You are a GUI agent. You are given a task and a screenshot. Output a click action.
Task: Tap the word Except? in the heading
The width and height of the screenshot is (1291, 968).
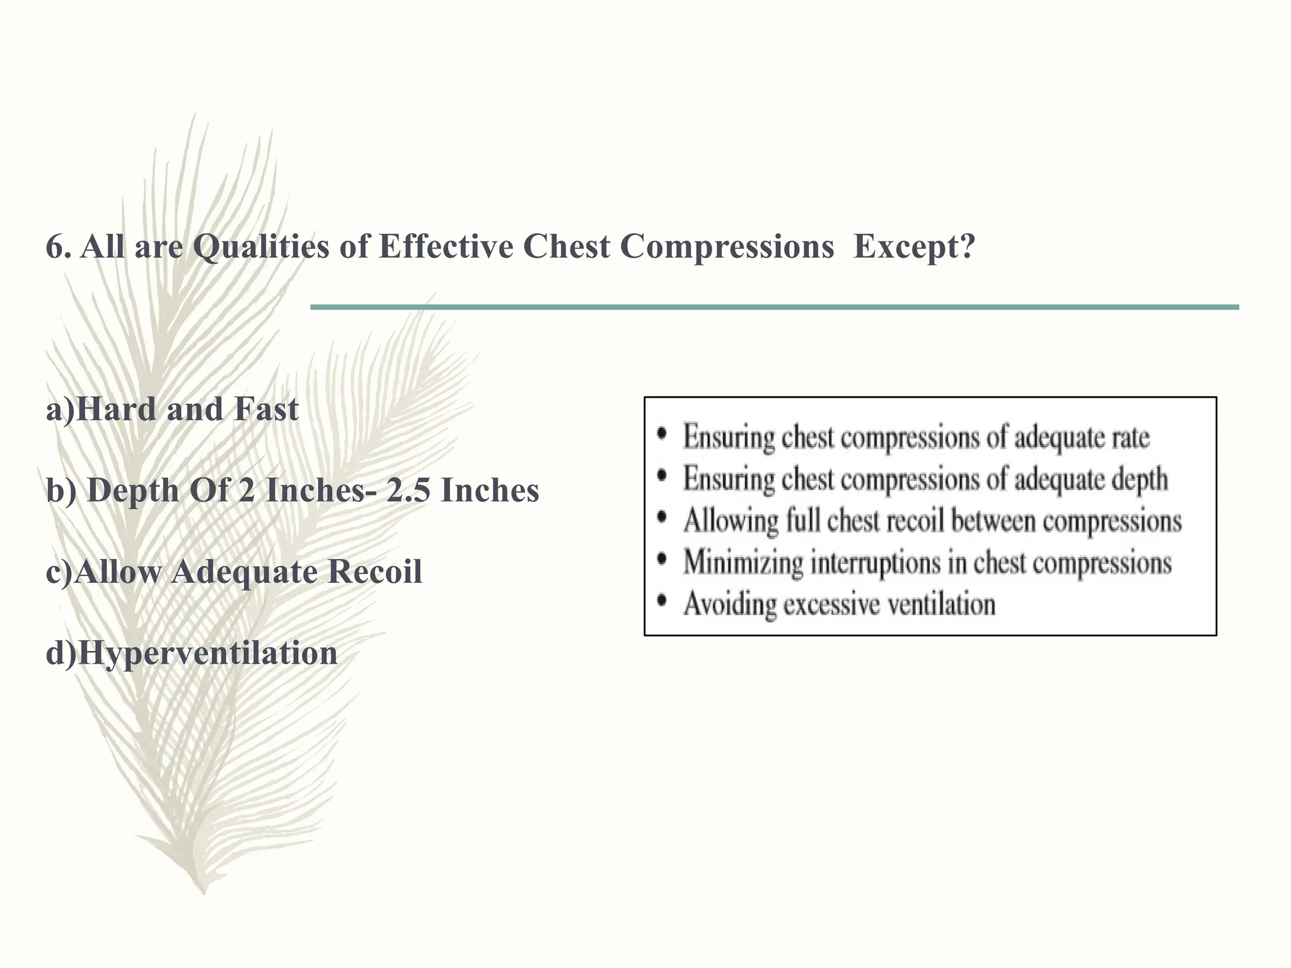(x=914, y=247)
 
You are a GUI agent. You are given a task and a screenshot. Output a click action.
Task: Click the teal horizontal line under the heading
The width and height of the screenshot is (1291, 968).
(x=774, y=307)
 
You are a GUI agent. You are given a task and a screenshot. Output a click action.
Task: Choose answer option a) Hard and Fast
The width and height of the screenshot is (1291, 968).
(x=172, y=410)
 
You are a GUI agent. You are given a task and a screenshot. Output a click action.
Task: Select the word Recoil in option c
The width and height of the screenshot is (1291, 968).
(x=374, y=572)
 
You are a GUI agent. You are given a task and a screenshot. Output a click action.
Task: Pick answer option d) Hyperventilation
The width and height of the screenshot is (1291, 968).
(x=192, y=654)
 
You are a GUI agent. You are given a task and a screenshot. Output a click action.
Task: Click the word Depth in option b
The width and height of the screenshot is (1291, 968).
(x=133, y=491)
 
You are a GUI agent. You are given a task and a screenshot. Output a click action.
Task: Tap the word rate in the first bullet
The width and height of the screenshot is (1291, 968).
(x=1128, y=437)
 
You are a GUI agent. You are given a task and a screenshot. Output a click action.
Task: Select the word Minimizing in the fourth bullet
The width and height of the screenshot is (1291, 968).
(x=743, y=563)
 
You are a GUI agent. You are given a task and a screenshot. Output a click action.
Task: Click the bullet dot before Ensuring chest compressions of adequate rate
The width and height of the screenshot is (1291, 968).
(x=661, y=434)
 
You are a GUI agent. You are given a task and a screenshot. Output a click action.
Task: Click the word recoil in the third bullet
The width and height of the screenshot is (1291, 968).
(x=915, y=521)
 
